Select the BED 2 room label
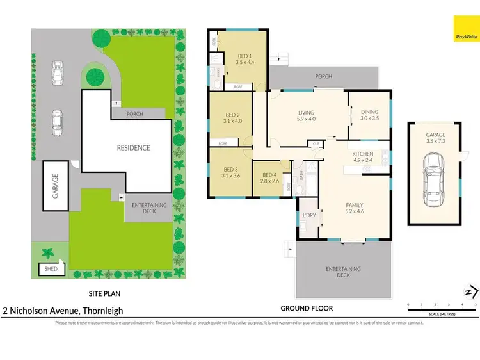[x=227, y=114]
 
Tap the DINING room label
[x=369, y=114]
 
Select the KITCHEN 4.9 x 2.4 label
[x=362, y=157]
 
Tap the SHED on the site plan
[x=51, y=269]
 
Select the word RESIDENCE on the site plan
[x=133, y=148]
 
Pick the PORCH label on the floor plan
[x=324, y=76]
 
